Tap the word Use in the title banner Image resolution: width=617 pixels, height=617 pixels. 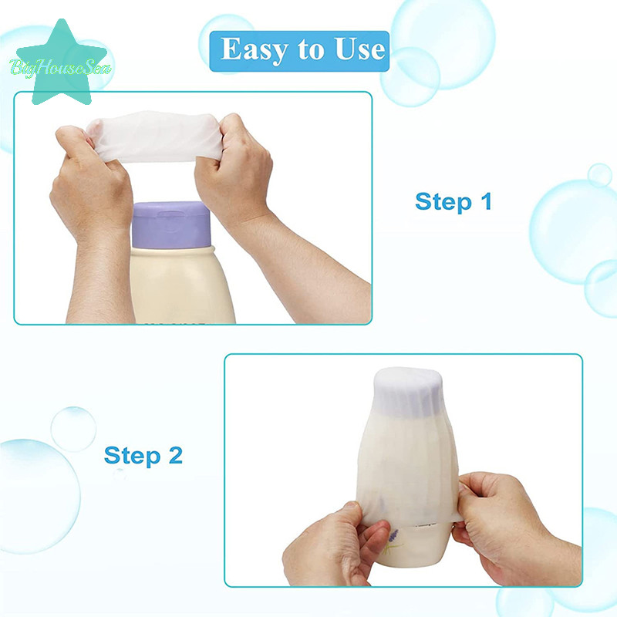[x=359, y=49]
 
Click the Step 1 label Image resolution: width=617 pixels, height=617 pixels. [x=453, y=201]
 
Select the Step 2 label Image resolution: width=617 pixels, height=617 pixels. [x=143, y=455]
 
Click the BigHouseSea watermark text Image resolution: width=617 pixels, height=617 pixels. [x=60, y=67]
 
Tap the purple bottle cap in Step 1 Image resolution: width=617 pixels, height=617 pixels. [x=170, y=224]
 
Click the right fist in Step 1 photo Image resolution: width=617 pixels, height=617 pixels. [x=234, y=169]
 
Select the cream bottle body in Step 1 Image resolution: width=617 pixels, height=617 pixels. [x=181, y=285]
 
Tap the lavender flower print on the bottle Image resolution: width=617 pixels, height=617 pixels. [x=393, y=542]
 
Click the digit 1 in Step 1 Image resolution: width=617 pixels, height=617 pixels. [x=487, y=201]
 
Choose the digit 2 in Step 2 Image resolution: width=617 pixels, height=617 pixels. [x=176, y=455]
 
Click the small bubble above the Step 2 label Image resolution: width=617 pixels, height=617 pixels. [x=73, y=429]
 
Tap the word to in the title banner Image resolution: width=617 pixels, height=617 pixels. [x=311, y=50]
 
